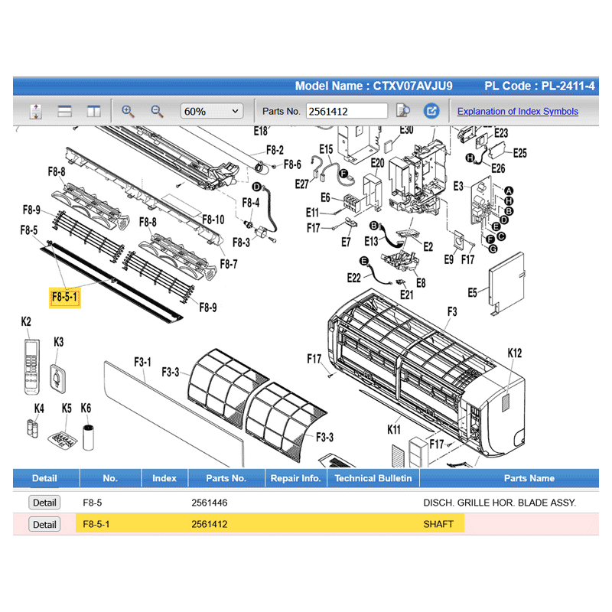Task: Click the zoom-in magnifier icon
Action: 128,111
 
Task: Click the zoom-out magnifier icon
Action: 157,111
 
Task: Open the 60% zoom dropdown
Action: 212,111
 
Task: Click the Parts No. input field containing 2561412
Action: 347,111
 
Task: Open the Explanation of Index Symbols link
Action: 518,111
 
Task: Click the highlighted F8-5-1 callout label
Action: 65,298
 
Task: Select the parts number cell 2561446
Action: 209,503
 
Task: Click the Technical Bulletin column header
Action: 373,478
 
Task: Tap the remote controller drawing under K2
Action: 31,366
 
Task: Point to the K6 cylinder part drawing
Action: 89,438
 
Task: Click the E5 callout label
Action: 472,292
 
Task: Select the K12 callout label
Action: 514,353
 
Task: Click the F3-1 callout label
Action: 142,362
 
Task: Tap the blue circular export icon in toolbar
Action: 431,111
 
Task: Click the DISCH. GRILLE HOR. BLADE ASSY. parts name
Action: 500,503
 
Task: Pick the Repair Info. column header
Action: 295,478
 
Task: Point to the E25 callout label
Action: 520,153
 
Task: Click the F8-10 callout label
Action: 213,220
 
